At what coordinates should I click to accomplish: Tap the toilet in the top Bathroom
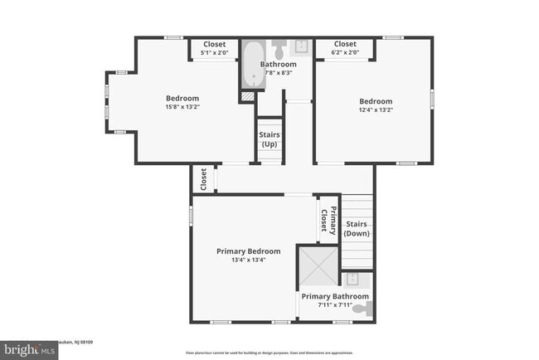279,45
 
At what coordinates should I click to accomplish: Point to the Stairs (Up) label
269,139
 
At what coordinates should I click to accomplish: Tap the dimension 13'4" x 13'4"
248,260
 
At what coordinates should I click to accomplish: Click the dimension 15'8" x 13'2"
182,106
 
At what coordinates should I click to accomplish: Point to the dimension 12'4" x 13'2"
375,109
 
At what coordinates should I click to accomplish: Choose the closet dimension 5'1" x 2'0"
215,53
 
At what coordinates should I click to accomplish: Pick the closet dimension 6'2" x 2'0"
345,53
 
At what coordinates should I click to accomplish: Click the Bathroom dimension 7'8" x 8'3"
278,73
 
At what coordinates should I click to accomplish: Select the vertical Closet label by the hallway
203,178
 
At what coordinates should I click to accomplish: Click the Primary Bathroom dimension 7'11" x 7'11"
335,305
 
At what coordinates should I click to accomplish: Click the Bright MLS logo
29,350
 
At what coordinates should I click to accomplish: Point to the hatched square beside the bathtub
246,96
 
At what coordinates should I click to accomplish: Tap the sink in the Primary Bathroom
352,280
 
